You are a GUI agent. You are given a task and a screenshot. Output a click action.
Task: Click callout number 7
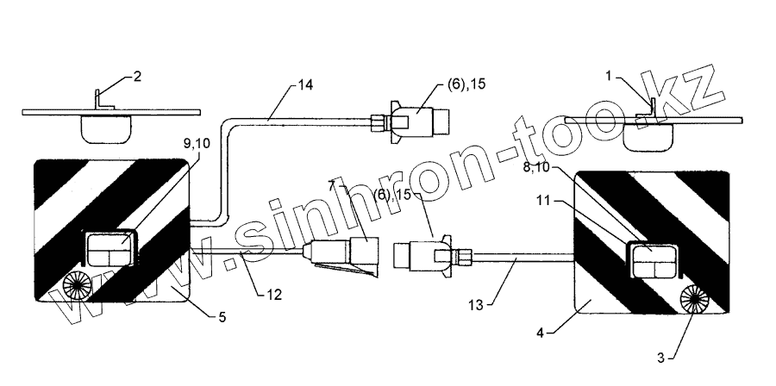(330, 185)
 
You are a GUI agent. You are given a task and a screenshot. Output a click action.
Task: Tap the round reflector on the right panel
(693, 298)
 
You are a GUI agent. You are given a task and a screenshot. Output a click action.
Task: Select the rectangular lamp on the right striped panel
(653, 261)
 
